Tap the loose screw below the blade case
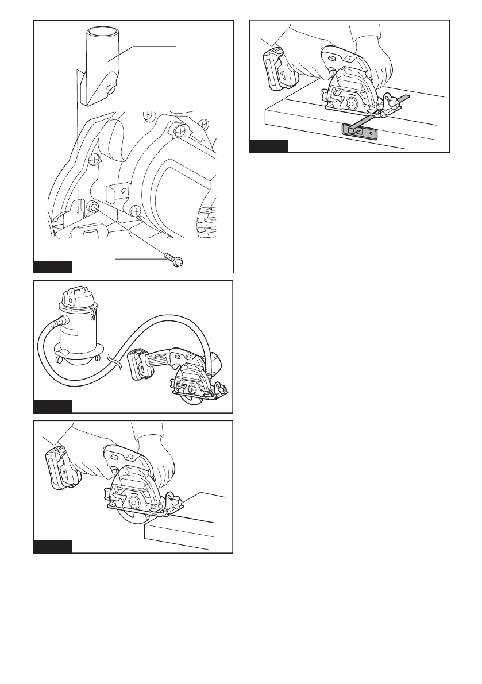point(174,260)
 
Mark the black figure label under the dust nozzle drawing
point(52,266)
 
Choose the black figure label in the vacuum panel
point(52,407)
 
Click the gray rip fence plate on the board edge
point(357,131)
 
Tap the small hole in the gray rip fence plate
point(373,134)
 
